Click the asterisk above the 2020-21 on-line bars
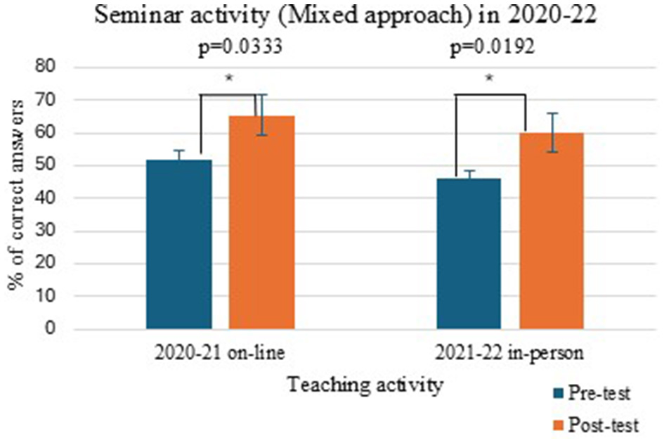(228, 79)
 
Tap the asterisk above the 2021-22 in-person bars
(490, 79)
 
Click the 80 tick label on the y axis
(52, 68)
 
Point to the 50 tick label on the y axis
(52, 166)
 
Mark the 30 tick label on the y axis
(52, 231)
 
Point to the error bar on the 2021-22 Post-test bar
(552, 132)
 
